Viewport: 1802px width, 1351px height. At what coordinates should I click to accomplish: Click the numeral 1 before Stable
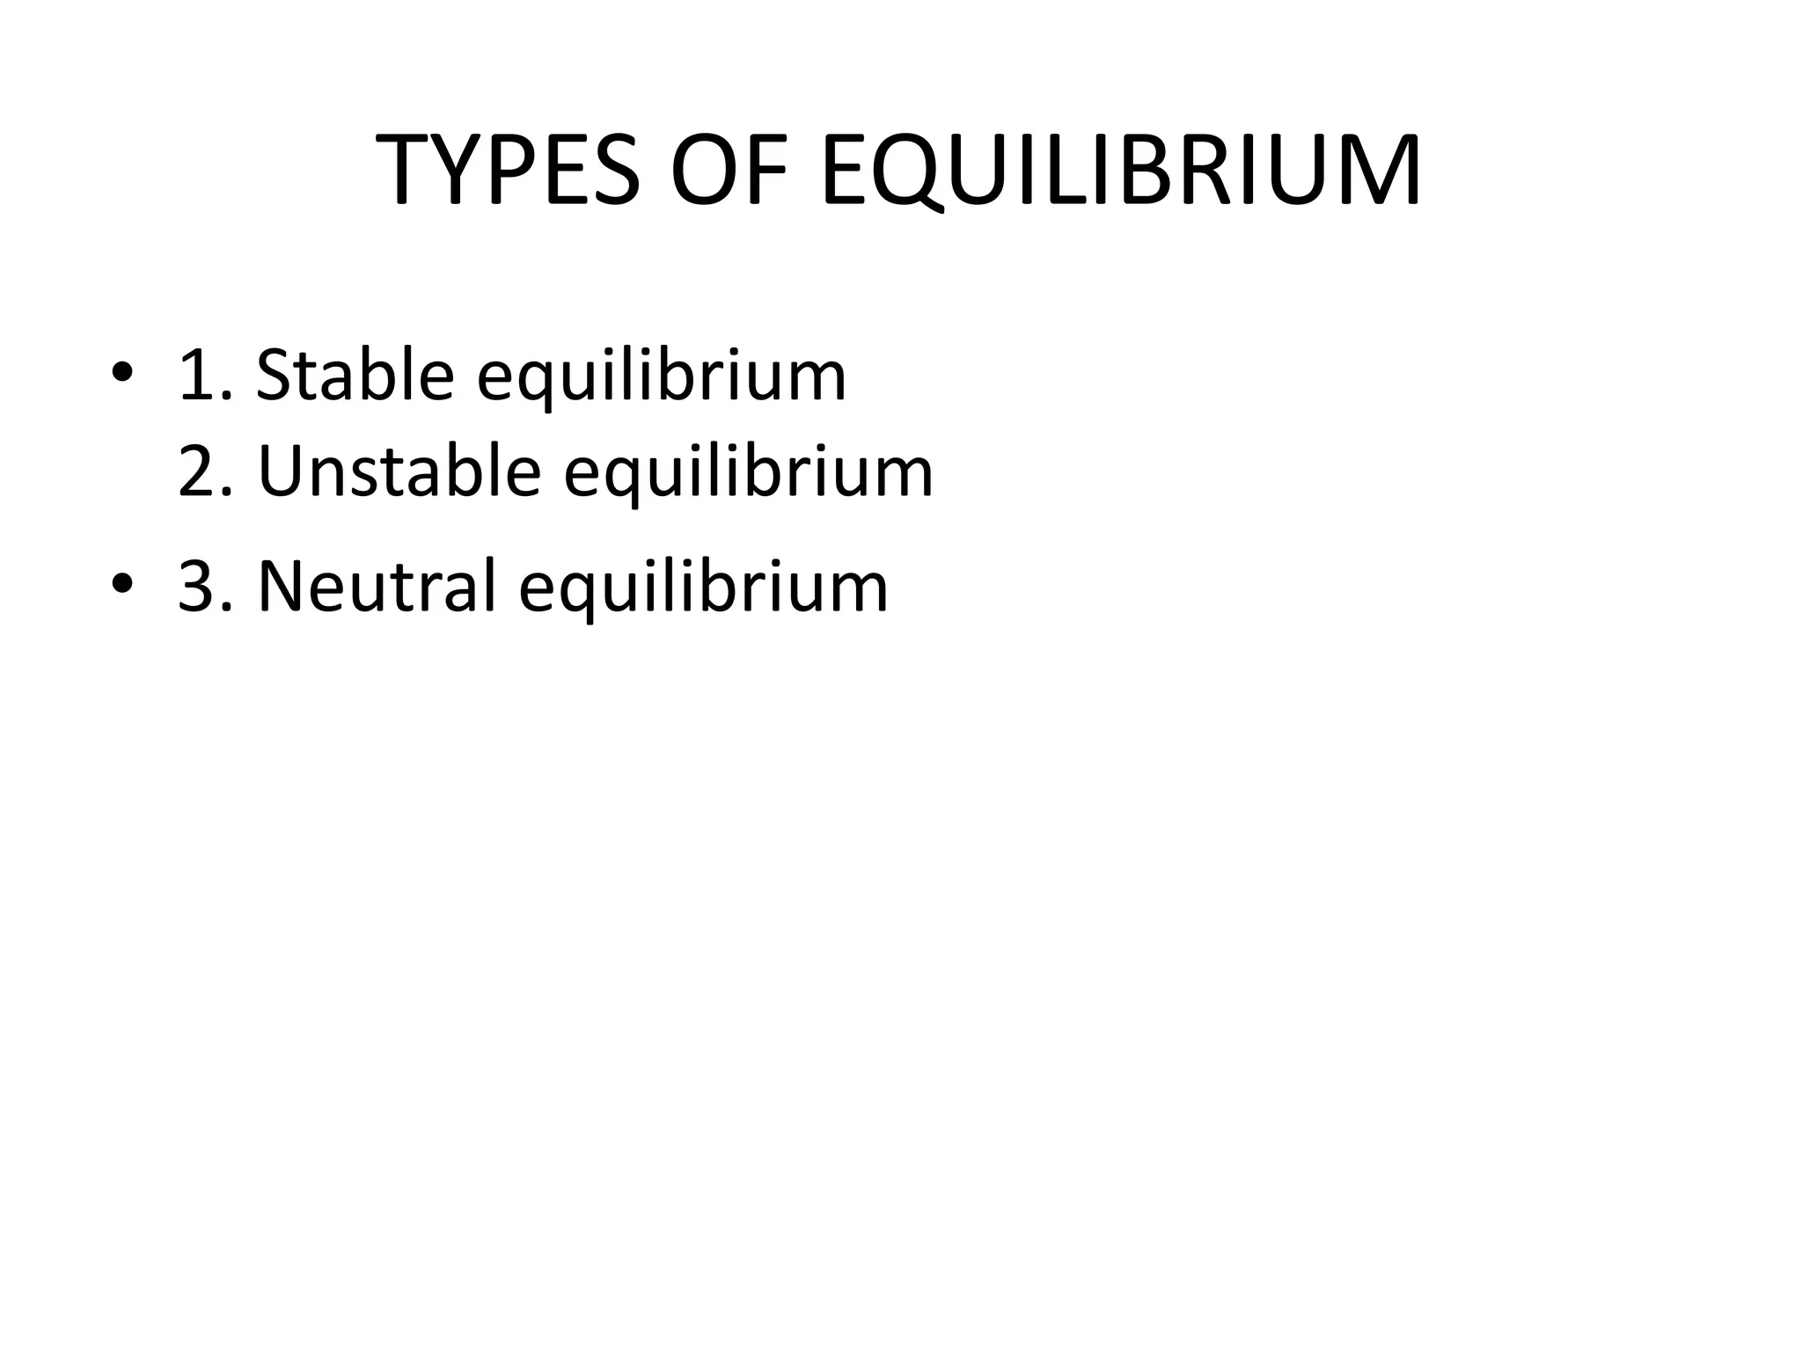point(195,376)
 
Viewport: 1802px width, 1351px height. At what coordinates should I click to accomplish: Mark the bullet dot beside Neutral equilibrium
point(121,584)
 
